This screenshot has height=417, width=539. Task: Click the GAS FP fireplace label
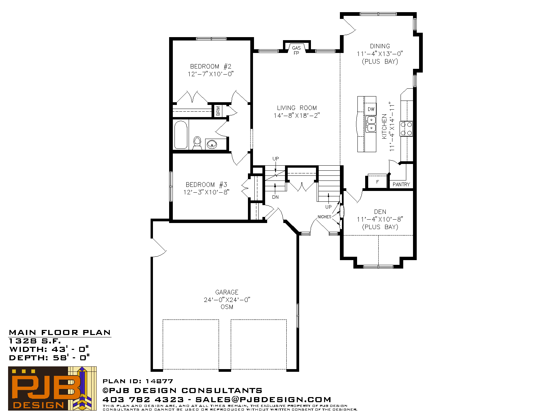coord(296,50)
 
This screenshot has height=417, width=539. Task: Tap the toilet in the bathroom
coord(197,143)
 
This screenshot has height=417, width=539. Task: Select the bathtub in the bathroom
coord(181,135)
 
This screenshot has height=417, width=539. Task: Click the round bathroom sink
coord(212,144)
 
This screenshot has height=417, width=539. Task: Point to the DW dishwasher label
coord(371,109)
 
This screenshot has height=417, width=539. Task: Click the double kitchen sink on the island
coord(371,124)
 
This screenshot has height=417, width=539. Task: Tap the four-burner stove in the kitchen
coord(406,129)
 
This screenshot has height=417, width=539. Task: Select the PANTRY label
coord(401,184)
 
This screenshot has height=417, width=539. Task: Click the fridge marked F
coord(377,182)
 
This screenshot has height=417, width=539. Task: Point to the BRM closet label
coord(218,111)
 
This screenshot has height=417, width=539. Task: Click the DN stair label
coord(275,197)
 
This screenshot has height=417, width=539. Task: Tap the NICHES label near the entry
coord(324,217)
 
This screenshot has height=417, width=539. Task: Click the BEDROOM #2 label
coord(211,66)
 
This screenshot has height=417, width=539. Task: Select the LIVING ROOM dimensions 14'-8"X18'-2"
coord(297,115)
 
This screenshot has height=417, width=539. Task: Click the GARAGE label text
coord(227,292)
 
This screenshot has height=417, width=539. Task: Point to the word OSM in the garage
coord(227,307)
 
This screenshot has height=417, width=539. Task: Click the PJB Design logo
coord(52,388)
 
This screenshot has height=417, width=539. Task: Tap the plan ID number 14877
coord(159,381)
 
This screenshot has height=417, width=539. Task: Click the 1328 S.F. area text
coord(35,341)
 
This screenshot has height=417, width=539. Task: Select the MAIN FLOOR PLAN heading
coord(60,333)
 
